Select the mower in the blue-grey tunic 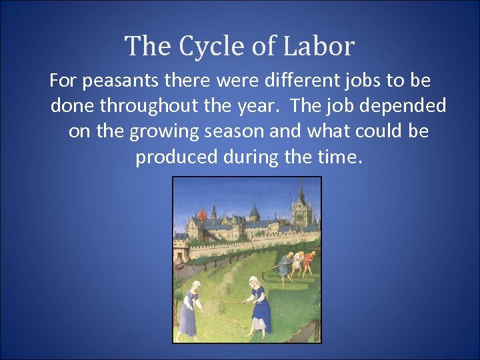click(x=285, y=265)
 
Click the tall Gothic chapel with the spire click(x=302, y=210)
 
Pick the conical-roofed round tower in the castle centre click(x=254, y=217)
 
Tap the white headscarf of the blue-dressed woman click(x=254, y=279)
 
